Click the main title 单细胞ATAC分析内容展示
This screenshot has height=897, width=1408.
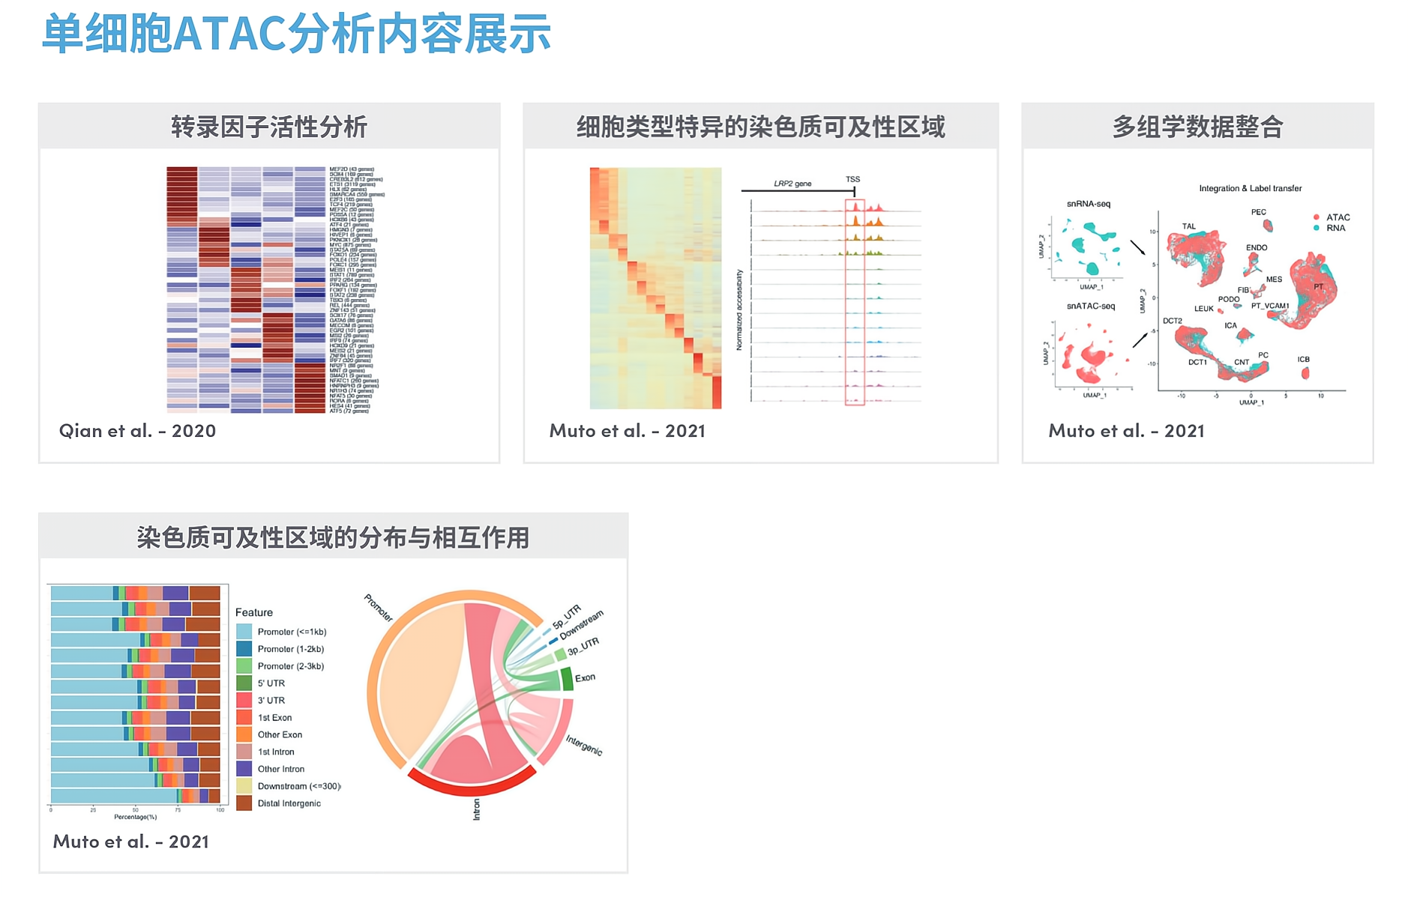(296, 34)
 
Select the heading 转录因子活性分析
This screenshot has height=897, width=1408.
(269, 127)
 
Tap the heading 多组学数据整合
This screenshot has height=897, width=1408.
(1197, 127)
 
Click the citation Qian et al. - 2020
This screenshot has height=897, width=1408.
(137, 431)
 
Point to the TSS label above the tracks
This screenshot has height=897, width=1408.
(852, 179)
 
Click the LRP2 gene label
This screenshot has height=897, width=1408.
(792, 184)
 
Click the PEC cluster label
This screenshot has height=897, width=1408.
(1258, 212)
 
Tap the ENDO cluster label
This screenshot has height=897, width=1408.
(1257, 247)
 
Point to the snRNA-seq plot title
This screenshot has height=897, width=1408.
(1088, 204)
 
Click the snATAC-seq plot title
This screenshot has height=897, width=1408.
(1090, 306)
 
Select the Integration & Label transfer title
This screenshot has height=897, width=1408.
(1250, 188)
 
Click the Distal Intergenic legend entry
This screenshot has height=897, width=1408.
(288, 803)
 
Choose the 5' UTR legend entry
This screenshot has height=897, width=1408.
(271, 683)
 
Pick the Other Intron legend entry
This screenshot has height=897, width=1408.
(280, 769)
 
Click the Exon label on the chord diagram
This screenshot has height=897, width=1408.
(585, 677)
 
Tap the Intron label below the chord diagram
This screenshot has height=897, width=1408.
(476, 809)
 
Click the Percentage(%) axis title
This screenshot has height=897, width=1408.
(135, 817)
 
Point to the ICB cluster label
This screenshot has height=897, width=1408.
(1303, 360)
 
